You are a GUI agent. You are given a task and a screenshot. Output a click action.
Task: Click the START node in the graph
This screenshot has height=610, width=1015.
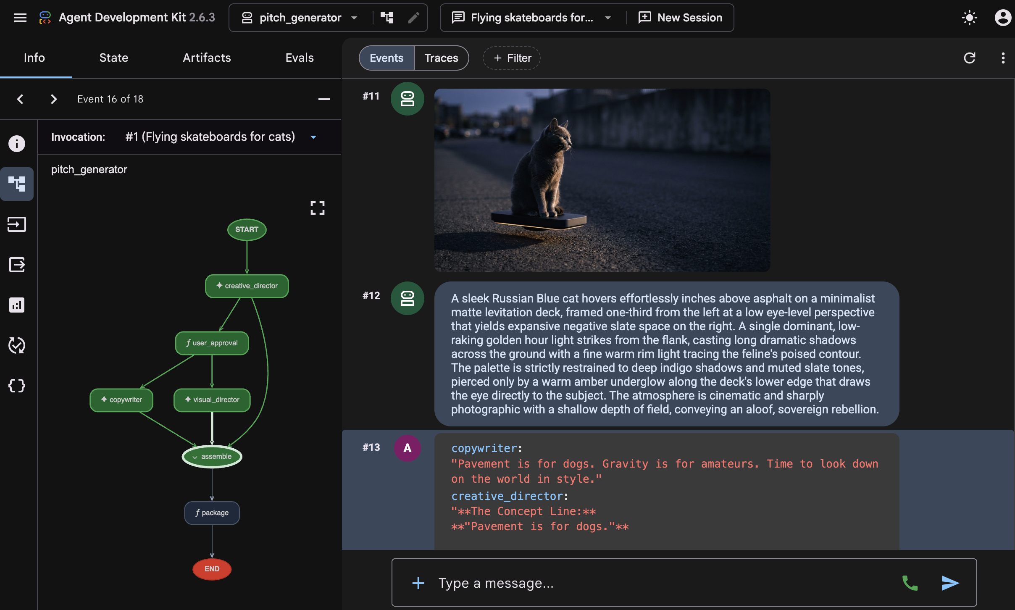pyautogui.click(x=247, y=229)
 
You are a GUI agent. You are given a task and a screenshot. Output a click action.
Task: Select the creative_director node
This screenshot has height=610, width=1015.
pyautogui.click(x=247, y=286)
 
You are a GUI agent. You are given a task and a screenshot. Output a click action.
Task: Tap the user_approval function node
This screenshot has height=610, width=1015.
pyautogui.click(x=212, y=343)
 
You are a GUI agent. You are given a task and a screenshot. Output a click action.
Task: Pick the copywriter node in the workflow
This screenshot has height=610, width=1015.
pyautogui.click(x=121, y=400)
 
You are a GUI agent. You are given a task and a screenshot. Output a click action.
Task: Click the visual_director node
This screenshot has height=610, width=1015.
pyautogui.click(x=212, y=400)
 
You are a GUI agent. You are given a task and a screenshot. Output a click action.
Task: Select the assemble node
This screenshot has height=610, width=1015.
pyautogui.click(x=212, y=456)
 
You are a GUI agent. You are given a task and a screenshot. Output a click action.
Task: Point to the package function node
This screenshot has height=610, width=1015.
pyautogui.click(x=212, y=513)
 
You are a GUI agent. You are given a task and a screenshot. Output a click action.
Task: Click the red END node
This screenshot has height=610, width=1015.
pyautogui.click(x=212, y=569)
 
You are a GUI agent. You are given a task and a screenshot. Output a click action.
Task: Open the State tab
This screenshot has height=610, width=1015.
pyautogui.click(x=114, y=58)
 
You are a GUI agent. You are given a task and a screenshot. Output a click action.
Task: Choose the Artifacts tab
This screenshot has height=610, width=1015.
pyautogui.click(x=207, y=58)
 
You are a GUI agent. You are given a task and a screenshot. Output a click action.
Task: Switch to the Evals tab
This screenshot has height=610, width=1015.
pyautogui.click(x=300, y=58)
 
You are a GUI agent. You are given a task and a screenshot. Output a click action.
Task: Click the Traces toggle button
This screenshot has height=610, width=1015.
pyautogui.click(x=441, y=58)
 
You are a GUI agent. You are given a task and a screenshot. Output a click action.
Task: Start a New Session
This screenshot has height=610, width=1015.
pyautogui.click(x=680, y=18)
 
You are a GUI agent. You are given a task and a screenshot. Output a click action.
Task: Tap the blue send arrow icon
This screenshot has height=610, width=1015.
pyautogui.click(x=950, y=583)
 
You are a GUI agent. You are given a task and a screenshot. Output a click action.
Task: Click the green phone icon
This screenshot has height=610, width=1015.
pyautogui.click(x=910, y=583)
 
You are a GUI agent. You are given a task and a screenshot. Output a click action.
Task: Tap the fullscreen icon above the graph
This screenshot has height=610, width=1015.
pyautogui.click(x=318, y=208)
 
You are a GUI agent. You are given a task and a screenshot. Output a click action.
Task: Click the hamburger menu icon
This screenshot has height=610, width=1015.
pyautogui.click(x=20, y=18)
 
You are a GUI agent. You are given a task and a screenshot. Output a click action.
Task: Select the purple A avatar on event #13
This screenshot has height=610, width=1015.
pyautogui.click(x=407, y=448)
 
